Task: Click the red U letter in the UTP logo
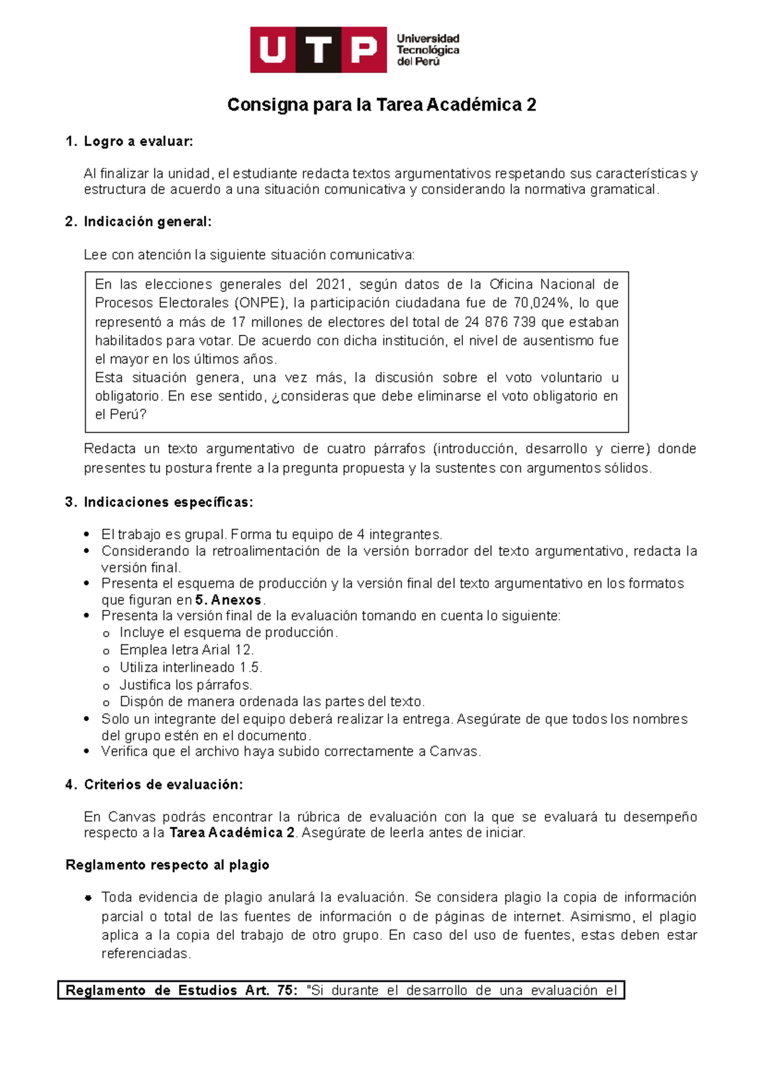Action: click(x=273, y=50)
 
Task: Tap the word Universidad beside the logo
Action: click(x=427, y=39)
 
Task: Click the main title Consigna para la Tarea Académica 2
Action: click(x=381, y=105)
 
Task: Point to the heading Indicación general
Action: click(x=147, y=222)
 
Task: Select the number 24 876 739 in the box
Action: click(x=500, y=322)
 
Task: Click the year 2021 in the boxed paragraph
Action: click(x=331, y=285)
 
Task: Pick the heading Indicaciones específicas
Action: click(x=168, y=503)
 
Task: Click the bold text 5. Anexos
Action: click(x=228, y=600)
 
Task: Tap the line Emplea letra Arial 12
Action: click(x=186, y=650)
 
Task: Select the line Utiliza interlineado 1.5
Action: click(x=191, y=667)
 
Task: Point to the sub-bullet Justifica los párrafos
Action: click(x=186, y=685)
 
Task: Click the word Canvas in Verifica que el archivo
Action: click(x=453, y=752)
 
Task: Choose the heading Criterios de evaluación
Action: click(x=163, y=785)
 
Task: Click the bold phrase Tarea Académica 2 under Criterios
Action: click(x=232, y=833)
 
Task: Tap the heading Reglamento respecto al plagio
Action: click(x=167, y=865)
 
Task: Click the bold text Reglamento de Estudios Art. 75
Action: click(x=181, y=991)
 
